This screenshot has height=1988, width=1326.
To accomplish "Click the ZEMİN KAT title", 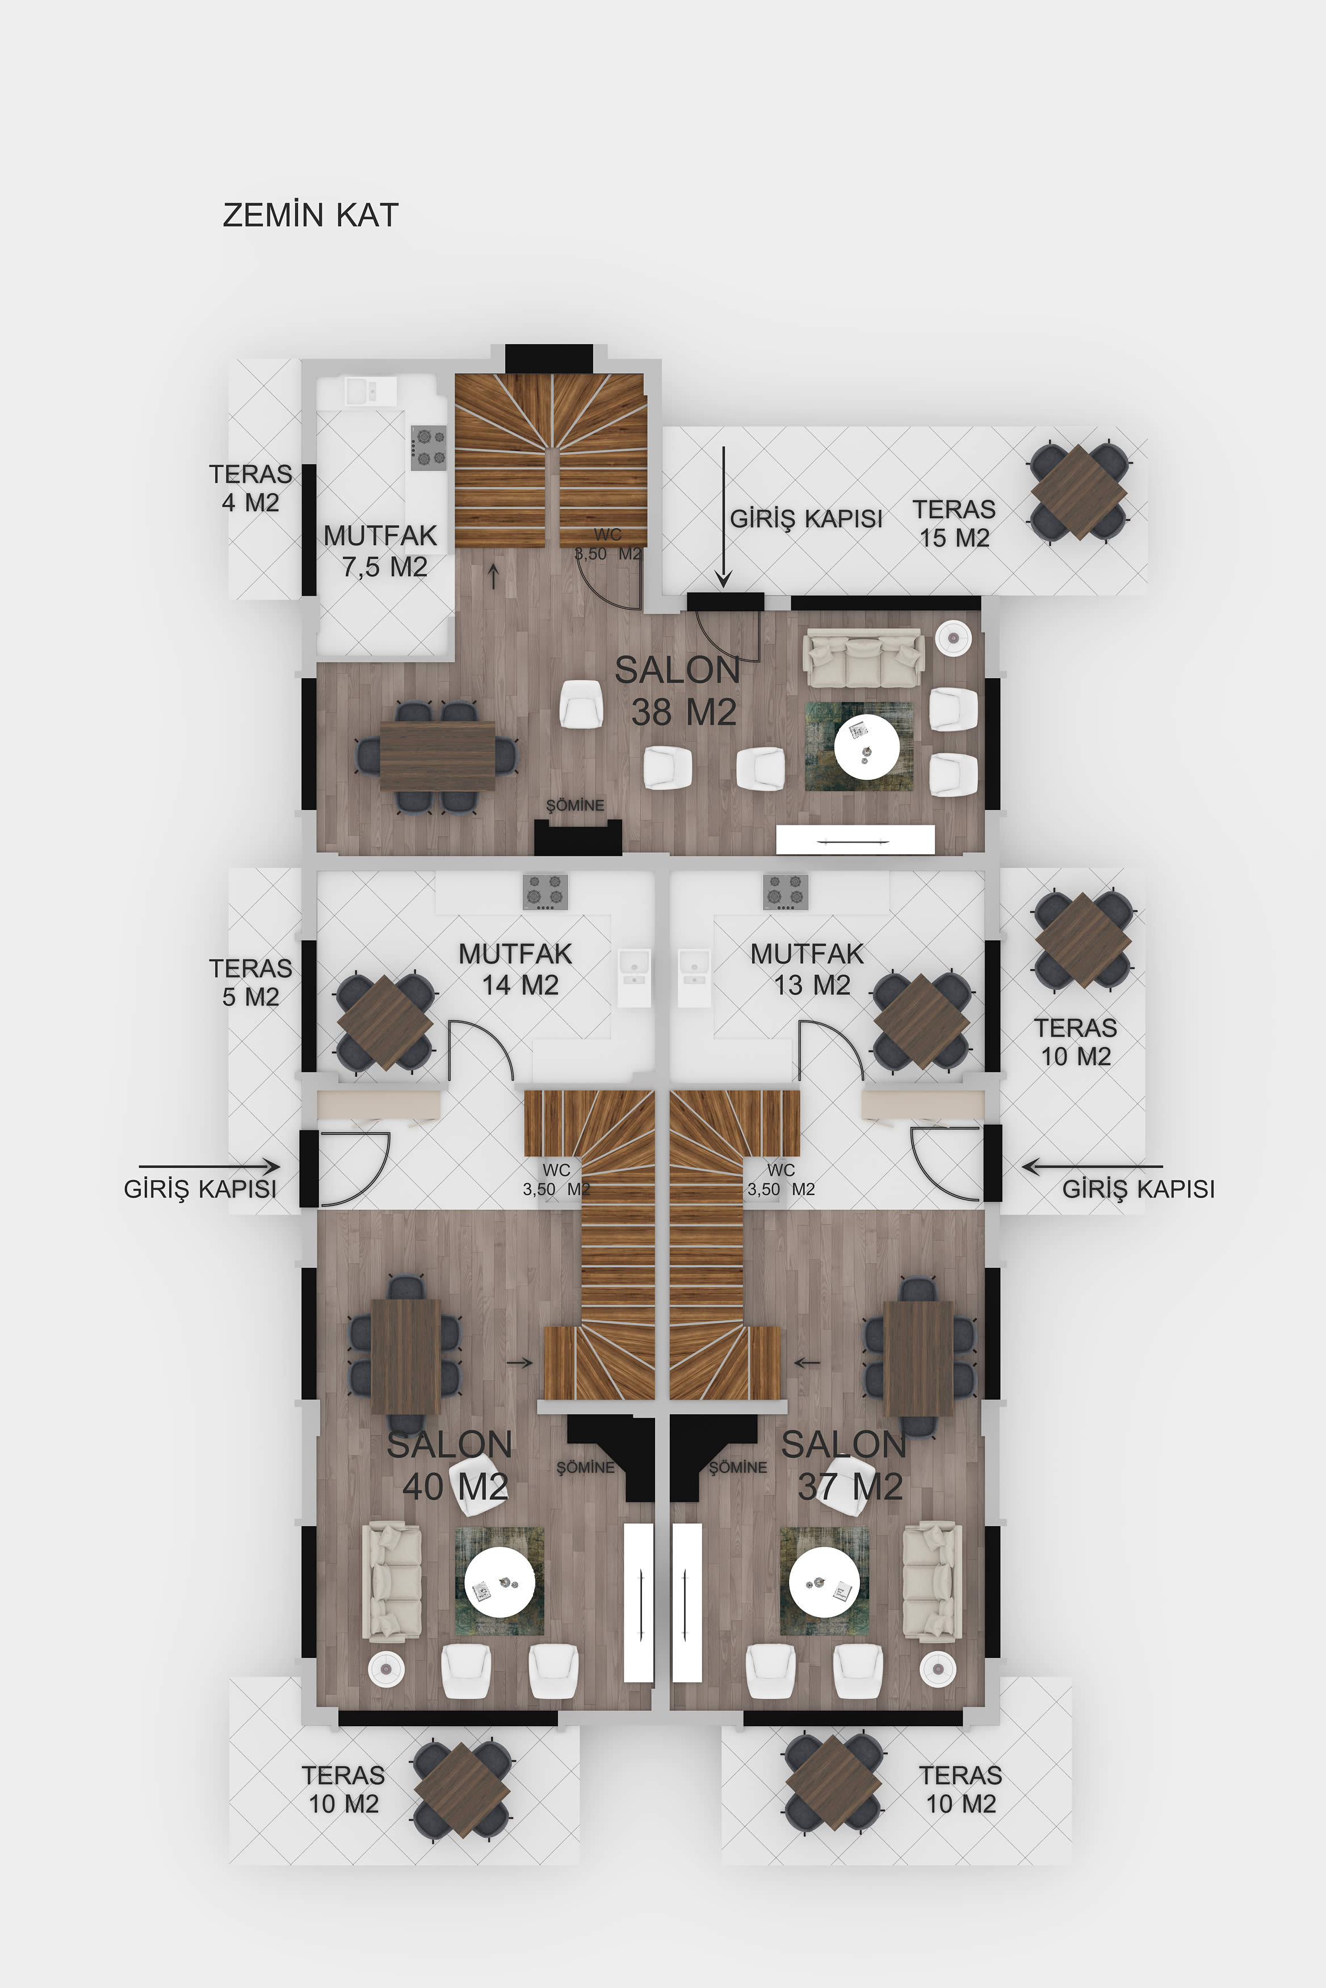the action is coord(310,214).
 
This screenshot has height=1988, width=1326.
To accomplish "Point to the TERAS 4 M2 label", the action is coord(250,488).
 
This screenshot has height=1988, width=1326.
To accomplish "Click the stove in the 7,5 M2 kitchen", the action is coord(429,448).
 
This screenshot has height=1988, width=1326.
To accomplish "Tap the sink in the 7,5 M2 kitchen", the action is coord(370,391).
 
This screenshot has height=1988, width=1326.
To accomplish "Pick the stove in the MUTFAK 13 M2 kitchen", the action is coord(786,892).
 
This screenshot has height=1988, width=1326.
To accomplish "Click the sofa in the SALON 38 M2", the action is coord(863,657).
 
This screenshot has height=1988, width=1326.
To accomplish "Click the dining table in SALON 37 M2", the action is coord(918,1358).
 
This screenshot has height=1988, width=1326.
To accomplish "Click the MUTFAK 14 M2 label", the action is coord(516,968).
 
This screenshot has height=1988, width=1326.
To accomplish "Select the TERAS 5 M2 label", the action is coord(250,982).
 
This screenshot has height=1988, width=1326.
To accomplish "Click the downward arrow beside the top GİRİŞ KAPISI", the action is coord(723,517).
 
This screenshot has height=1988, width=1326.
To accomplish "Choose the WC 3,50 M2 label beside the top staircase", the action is coord(608,544).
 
